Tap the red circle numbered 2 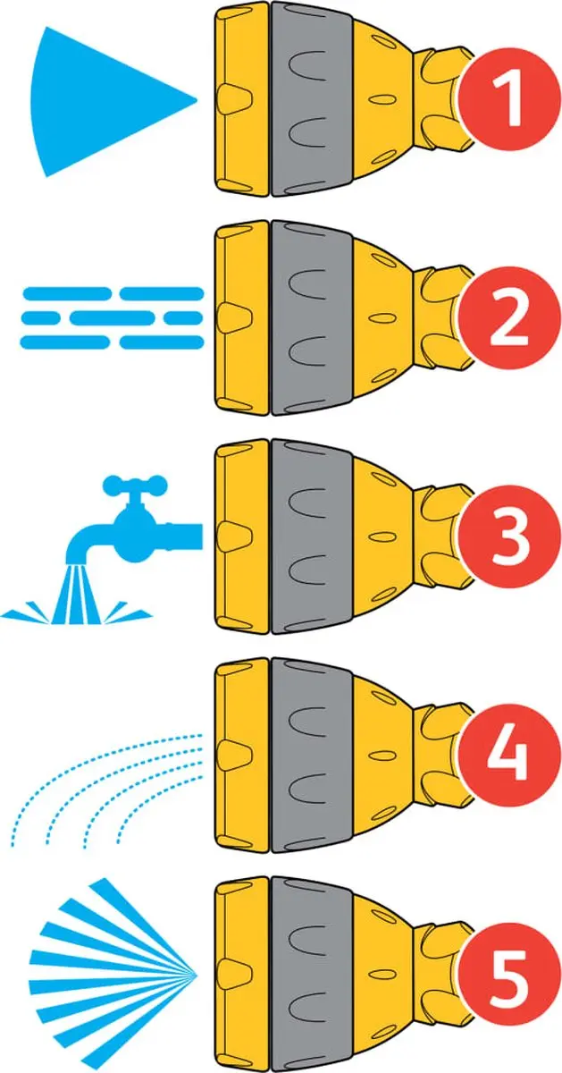[x=509, y=319]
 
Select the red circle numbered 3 [x=509, y=538]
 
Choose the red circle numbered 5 [x=509, y=976]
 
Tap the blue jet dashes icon [x=112, y=317]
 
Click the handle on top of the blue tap [x=136, y=485]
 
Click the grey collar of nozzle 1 [x=311, y=99]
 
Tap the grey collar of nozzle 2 [x=311, y=318]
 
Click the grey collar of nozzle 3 [x=311, y=537]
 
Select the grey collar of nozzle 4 [x=311, y=756]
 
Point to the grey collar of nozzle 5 [x=311, y=975]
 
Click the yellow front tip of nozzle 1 [x=242, y=99]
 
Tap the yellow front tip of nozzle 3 [x=242, y=537]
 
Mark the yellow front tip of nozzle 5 [x=242, y=975]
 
